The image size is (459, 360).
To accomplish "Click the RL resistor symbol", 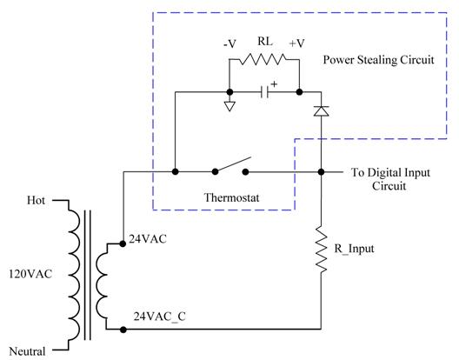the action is pos(263,59).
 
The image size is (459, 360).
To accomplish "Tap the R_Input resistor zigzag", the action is pos(321,249).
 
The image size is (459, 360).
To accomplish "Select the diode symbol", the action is pos(321,111).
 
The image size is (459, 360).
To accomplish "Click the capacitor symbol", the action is pos(265,92).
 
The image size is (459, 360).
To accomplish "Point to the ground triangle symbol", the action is pos(229,106).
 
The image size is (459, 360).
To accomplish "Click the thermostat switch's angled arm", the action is pos(233,164).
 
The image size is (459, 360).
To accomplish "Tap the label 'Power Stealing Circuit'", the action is pos(378,60).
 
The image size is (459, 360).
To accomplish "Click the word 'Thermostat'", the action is pos(231,197).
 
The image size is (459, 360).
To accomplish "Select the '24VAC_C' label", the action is pos(160,317).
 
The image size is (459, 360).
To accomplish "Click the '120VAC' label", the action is pos(30,274).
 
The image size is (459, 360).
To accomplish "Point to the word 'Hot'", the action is pos(36,201).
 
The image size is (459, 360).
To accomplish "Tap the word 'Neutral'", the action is pos(27,351).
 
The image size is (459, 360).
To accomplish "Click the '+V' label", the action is pos(296,43).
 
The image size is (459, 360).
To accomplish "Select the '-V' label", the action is pos(229,44).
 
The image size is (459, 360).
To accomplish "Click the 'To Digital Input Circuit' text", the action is pos(390,179).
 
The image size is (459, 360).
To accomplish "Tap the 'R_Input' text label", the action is pos(354,249).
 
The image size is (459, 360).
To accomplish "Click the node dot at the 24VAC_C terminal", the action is pos(123,330).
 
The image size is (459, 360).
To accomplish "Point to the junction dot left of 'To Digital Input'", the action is pos(321,172).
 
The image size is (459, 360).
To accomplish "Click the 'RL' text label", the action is pos(265,41).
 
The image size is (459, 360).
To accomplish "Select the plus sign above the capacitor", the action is pos(274,84).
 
